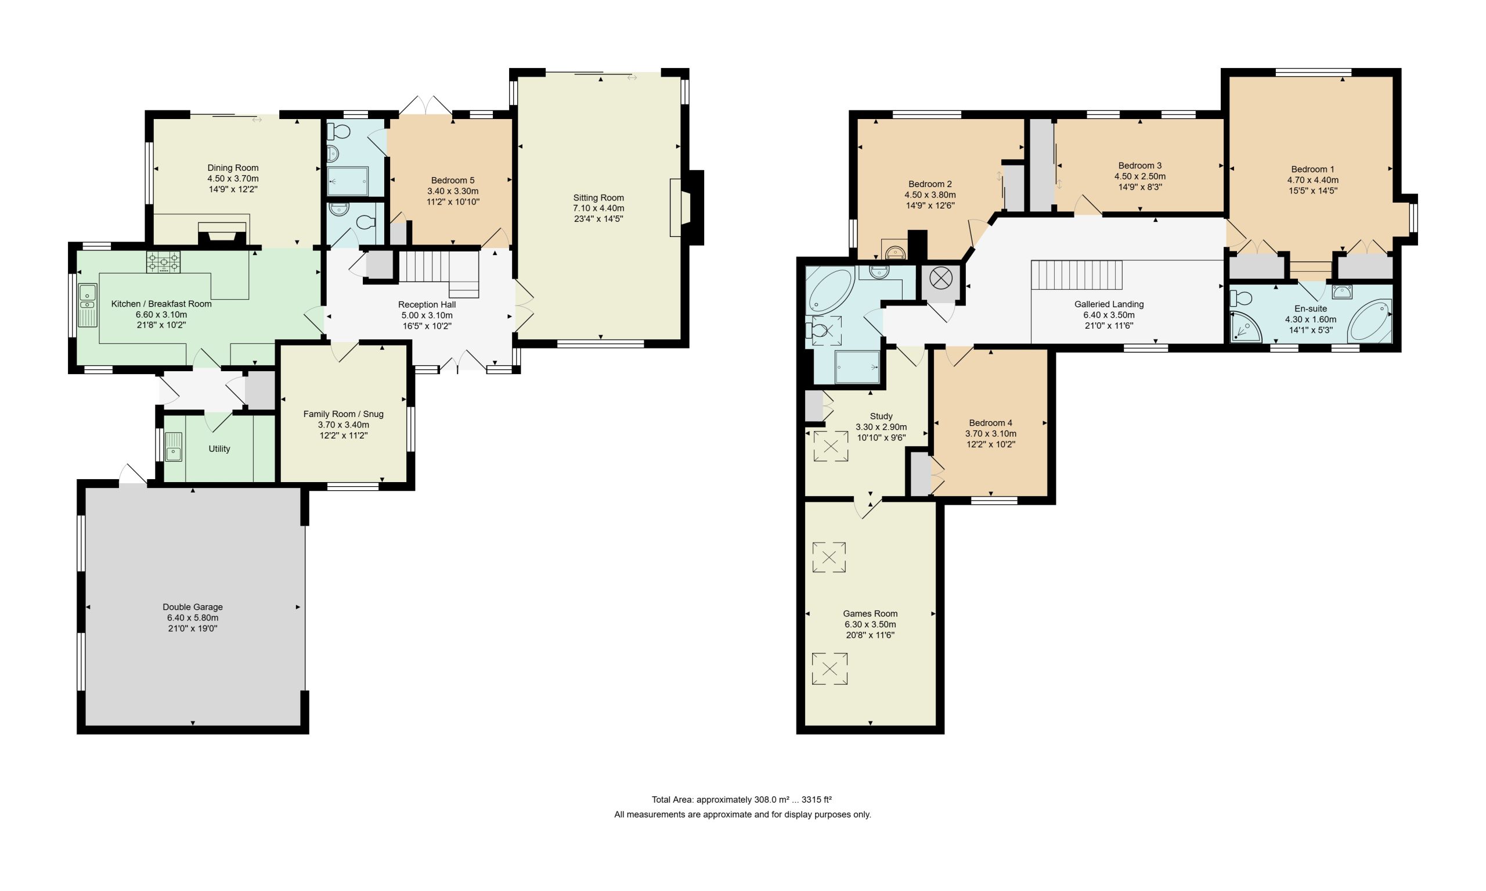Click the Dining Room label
233,168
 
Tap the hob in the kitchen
163,262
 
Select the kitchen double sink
88,305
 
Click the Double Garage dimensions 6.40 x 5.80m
193,618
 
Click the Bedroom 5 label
452,181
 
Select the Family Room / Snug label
343,414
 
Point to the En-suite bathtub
1369,322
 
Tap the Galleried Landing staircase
1076,275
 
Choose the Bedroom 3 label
1140,166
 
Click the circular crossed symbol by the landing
940,278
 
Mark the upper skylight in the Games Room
829,557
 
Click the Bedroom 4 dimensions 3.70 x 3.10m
990,434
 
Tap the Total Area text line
741,800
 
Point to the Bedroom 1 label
1312,170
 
